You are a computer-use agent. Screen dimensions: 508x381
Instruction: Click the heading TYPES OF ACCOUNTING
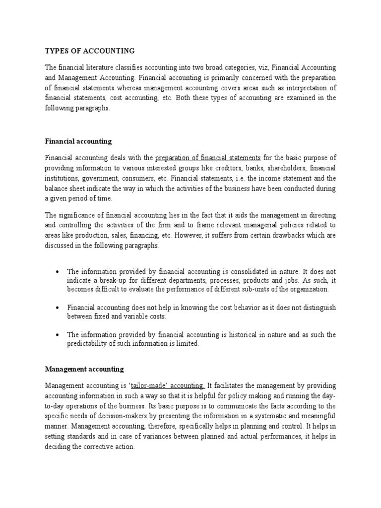[90, 51]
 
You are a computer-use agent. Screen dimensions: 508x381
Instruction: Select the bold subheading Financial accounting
[78, 141]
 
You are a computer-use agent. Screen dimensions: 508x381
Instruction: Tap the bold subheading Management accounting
[84, 369]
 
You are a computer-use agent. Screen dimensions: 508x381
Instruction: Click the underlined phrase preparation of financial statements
[208, 158]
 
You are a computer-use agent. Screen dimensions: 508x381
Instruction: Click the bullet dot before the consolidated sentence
[59, 271]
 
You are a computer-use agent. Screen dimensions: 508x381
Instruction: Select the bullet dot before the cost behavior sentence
[59, 308]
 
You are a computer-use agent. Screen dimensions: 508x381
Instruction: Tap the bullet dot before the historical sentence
[59, 335]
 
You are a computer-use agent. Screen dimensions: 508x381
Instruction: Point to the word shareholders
[286, 168]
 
